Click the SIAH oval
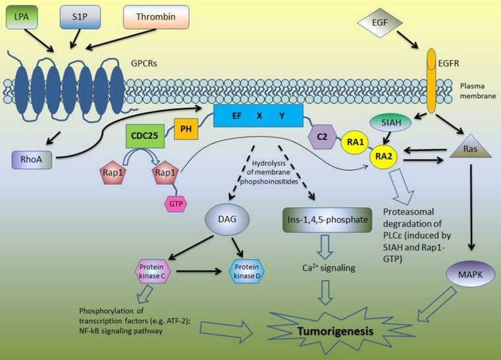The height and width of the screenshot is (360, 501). click(x=392, y=122)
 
